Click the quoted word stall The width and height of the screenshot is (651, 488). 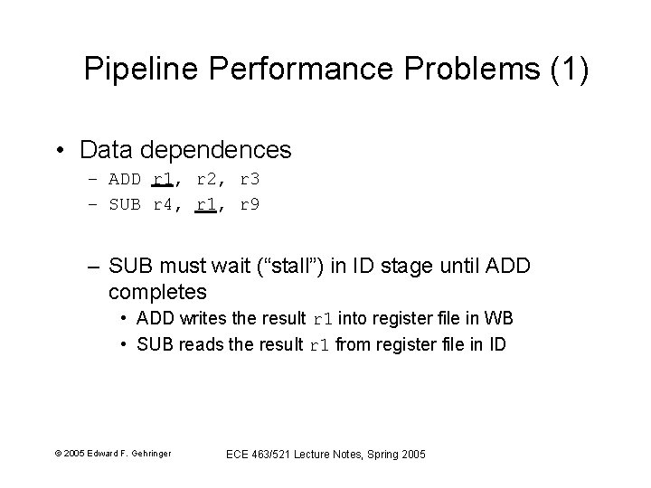[305, 267]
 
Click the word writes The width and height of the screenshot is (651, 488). [193, 319]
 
